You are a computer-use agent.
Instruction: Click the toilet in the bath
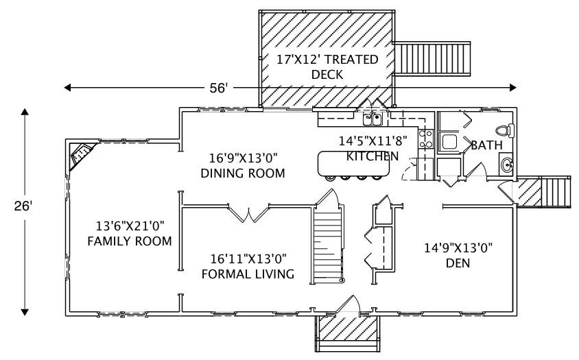[504, 130]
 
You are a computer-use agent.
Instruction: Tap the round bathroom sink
[506, 165]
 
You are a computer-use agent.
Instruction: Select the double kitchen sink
[373, 119]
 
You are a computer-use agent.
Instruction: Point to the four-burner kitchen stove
[425, 139]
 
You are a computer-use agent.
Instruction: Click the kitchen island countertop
[351, 163]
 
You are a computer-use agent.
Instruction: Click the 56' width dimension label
[218, 87]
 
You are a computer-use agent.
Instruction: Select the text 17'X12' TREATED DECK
[327, 67]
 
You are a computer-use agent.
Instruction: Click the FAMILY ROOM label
[129, 233]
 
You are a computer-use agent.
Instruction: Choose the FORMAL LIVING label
[248, 266]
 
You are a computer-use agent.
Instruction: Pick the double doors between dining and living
[248, 213]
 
